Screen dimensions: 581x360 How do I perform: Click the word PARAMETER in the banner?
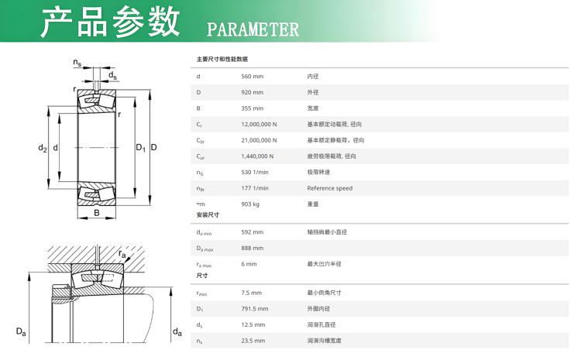click(x=253, y=29)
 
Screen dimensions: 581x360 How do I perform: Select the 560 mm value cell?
click(x=253, y=77)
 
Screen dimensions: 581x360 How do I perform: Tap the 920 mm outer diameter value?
click(x=253, y=92)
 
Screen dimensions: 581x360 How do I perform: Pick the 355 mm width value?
click(x=253, y=108)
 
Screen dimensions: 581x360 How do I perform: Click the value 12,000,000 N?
click(x=259, y=125)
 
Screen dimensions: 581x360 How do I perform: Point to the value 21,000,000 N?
click(x=259, y=140)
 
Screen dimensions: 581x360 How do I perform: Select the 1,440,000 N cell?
click(x=257, y=156)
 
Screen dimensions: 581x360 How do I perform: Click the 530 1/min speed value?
click(x=255, y=172)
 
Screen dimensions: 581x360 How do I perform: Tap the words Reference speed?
click(x=330, y=188)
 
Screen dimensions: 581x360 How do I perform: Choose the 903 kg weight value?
click(x=250, y=204)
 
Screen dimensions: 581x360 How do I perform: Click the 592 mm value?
click(x=253, y=232)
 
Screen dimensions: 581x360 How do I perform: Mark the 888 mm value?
click(x=253, y=249)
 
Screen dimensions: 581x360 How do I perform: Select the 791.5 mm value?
click(x=255, y=309)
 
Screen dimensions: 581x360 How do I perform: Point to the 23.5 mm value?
click(x=253, y=341)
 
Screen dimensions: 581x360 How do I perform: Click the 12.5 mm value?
click(x=253, y=325)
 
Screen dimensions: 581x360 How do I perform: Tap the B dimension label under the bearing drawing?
click(x=97, y=213)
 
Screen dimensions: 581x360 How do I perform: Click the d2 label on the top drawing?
click(x=43, y=148)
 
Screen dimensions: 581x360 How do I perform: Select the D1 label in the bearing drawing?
click(x=141, y=148)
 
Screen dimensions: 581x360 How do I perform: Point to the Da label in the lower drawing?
click(x=21, y=331)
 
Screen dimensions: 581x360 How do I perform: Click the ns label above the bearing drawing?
click(x=77, y=63)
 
